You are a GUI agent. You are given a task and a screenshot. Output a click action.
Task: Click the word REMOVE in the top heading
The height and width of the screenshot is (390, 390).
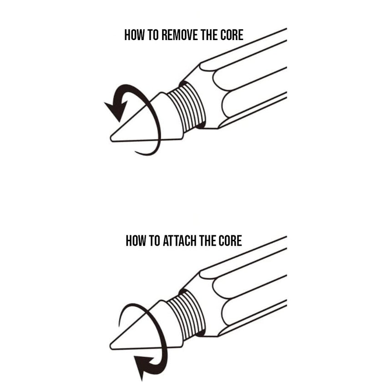coord(177,35)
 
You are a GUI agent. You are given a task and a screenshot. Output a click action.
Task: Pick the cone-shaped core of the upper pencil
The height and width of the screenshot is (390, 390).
coord(146,121)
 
